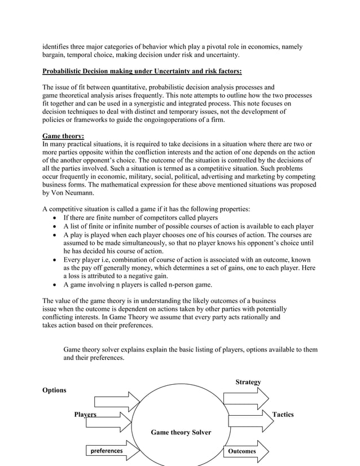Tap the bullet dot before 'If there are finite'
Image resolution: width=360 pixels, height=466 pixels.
click(54, 218)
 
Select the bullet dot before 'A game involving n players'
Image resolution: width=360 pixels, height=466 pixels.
click(54, 285)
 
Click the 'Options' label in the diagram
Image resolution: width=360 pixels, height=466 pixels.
click(54, 390)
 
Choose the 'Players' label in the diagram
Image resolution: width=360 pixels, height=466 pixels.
click(85, 414)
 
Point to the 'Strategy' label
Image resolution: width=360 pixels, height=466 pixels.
click(248, 382)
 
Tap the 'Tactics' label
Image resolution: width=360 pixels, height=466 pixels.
click(283, 414)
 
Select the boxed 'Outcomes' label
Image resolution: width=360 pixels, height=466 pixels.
click(242, 451)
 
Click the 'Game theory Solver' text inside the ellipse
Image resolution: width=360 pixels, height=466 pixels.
click(181, 432)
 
